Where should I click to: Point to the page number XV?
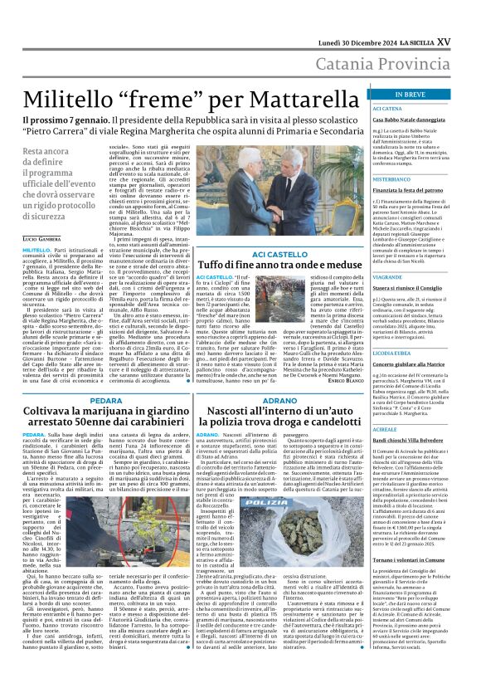click(467, 17)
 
